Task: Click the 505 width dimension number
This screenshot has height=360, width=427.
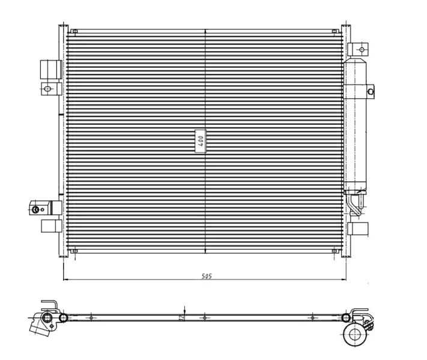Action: click(x=207, y=276)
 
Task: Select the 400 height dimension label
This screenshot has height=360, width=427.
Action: click(x=201, y=141)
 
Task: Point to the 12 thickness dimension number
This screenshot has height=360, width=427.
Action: click(x=181, y=317)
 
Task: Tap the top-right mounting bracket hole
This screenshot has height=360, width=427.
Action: click(x=362, y=50)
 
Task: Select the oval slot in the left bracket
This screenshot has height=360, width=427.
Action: click(x=47, y=89)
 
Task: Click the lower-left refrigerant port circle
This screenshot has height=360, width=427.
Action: click(x=35, y=209)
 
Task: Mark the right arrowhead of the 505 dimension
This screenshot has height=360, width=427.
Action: click(x=344, y=279)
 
